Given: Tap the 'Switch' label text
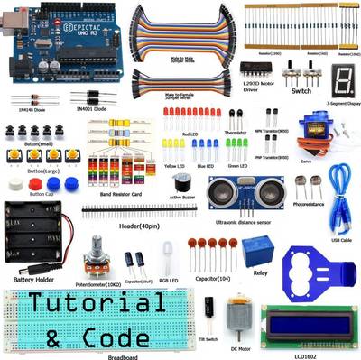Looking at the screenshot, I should [302, 90].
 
